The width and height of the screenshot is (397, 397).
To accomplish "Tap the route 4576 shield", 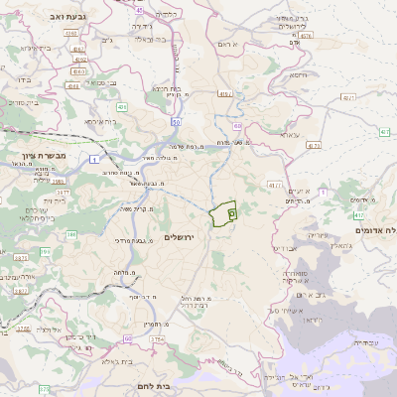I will pyautogui.click(x=306, y=35).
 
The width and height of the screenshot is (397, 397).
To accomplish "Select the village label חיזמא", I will pyautogui.click(x=298, y=74).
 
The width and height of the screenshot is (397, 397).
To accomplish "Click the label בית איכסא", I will pyautogui.click(x=101, y=121).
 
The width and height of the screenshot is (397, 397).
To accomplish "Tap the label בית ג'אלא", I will pyautogui.click(x=117, y=361).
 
